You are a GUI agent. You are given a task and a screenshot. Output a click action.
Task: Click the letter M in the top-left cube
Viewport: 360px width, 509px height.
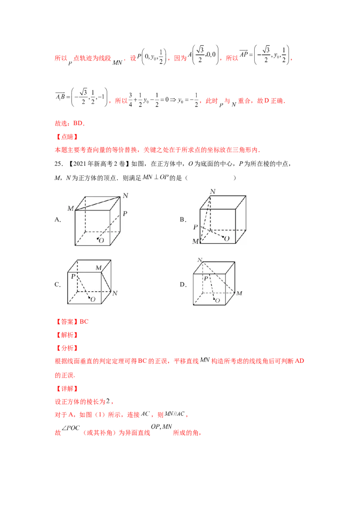click(71, 208)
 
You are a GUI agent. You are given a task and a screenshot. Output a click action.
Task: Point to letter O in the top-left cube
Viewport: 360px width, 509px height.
click(101, 241)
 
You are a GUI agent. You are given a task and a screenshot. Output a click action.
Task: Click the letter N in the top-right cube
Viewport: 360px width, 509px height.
click(212, 192)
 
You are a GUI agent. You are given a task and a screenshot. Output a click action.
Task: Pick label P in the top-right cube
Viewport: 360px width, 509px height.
click(195, 227)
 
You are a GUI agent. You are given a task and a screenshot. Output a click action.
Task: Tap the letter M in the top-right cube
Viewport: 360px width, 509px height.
click(195, 241)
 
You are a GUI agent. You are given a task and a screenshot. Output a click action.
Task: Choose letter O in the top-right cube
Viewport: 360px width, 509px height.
click(226, 238)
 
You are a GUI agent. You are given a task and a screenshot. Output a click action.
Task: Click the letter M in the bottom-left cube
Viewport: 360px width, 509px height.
click(98, 268)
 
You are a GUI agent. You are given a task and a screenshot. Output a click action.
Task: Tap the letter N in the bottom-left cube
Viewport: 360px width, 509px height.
click(115, 293)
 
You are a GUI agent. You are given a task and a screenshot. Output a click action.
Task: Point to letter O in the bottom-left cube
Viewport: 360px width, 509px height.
click(93, 299)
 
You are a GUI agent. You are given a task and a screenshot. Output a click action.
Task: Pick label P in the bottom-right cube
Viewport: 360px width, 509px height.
click(205, 278)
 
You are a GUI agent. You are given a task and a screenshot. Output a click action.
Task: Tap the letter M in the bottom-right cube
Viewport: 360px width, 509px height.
click(239, 293)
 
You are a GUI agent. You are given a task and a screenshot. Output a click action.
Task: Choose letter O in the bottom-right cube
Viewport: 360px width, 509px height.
click(218, 300)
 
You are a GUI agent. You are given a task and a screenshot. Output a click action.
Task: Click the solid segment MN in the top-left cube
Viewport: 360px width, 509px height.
click(98, 203)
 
